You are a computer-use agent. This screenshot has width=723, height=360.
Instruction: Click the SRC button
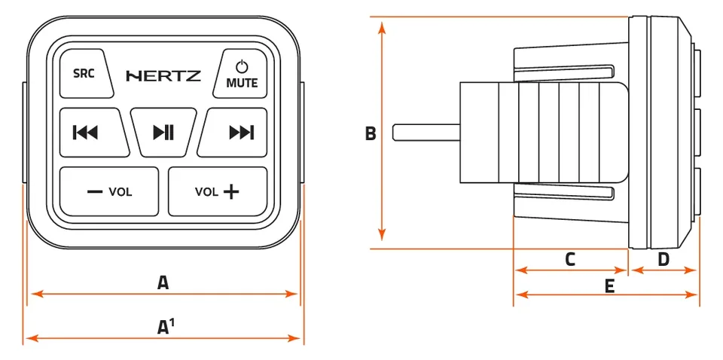[x=86, y=73]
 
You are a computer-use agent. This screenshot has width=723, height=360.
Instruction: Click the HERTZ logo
[x=163, y=75]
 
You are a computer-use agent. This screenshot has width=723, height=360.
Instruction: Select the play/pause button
[x=163, y=133]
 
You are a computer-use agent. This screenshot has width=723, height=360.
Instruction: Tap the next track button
[x=233, y=133]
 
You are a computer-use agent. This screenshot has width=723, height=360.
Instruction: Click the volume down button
[x=109, y=191]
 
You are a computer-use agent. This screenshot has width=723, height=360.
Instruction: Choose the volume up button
[x=218, y=191]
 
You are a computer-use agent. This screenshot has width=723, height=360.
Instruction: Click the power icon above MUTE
[x=242, y=67]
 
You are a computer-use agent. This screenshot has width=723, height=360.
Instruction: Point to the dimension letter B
[x=371, y=134]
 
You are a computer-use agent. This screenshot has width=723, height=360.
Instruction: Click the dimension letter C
[x=570, y=260]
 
